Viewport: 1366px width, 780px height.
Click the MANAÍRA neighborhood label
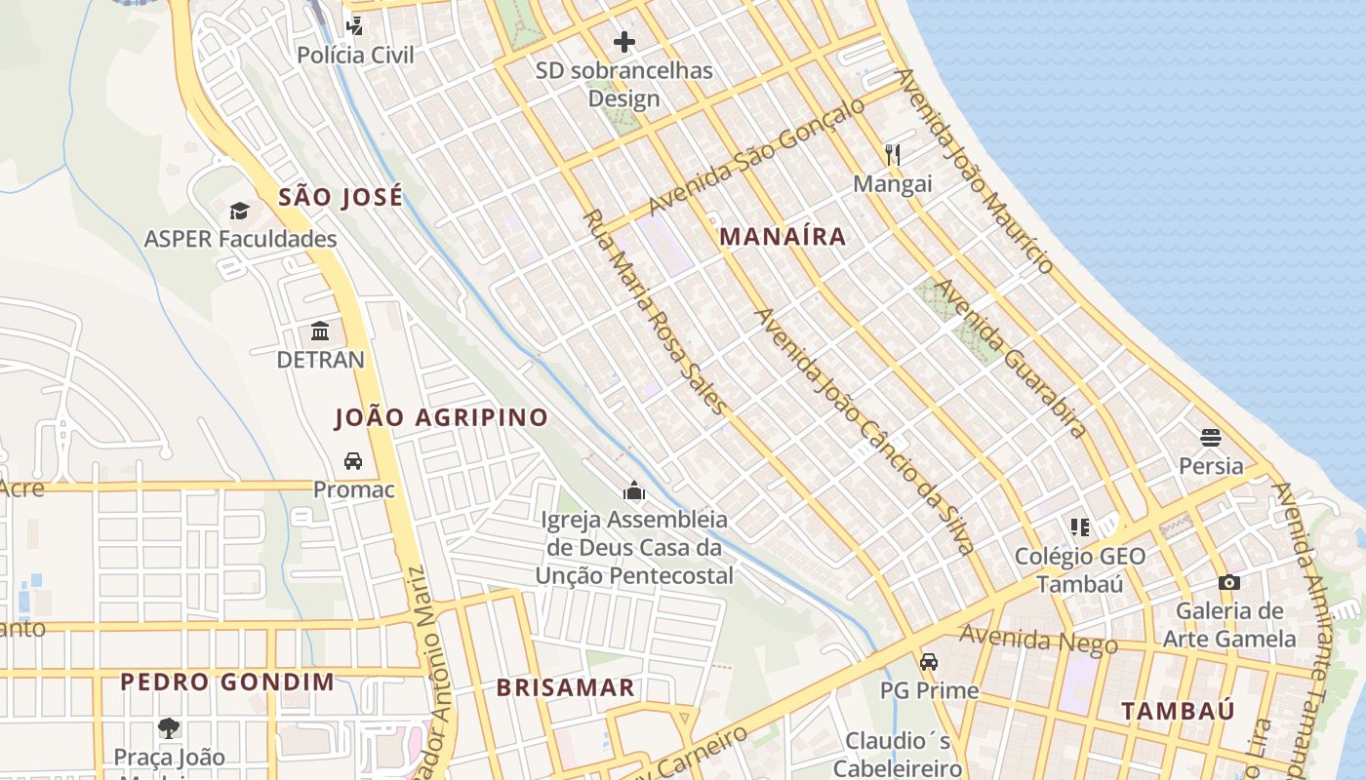click(783, 236)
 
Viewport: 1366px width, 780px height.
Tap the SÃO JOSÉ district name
click(341, 197)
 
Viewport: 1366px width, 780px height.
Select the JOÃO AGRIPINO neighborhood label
click(441, 417)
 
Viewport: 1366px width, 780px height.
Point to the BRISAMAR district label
click(565, 687)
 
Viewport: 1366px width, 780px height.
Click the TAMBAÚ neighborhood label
click(1177, 711)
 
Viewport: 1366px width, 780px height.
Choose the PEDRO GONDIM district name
click(227, 682)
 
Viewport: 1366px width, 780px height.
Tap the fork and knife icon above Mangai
click(892, 154)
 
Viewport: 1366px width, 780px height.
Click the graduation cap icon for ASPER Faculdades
click(239, 211)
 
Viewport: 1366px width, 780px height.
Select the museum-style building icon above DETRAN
click(320, 331)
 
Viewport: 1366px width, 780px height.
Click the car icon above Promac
click(353, 460)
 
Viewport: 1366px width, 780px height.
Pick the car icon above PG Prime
click(929, 661)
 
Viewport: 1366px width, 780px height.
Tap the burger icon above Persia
click(1211, 437)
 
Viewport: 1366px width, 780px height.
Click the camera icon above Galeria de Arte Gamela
click(1228, 582)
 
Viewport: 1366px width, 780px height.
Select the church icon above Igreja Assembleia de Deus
click(634, 489)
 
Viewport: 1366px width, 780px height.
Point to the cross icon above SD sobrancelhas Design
click(623, 42)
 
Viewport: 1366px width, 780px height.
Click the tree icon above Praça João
click(169, 727)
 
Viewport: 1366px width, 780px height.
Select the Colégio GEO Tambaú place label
click(1080, 569)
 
